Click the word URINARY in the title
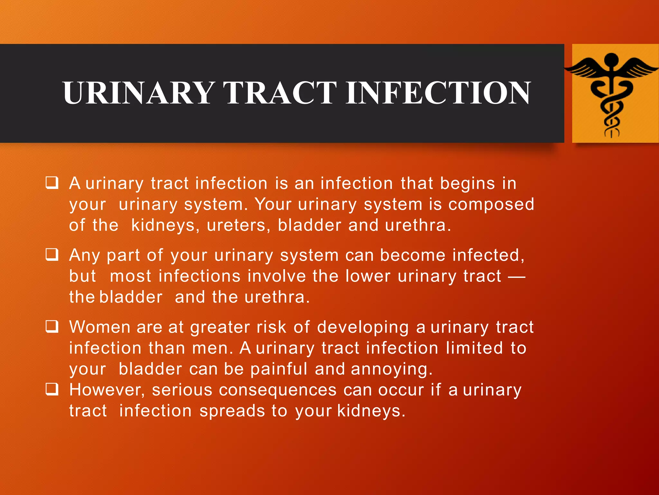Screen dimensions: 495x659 point(139,93)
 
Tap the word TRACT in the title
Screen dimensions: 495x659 point(280,93)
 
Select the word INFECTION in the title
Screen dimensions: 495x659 point(438,93)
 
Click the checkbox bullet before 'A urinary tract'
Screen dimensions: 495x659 point(52,183)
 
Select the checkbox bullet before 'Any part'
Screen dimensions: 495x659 point(52,255)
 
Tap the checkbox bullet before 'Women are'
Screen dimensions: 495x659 point(52,326)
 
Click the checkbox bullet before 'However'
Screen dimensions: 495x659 point(52,389)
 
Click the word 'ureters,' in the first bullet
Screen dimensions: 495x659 point(238,226)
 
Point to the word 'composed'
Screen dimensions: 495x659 point(491,205)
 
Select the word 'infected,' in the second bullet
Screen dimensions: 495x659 point(488,255)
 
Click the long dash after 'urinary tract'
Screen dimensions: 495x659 point(516,277)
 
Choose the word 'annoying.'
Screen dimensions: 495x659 point(392,369)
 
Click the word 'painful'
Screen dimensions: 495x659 point(279,369)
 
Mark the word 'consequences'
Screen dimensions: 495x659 point(278,390)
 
